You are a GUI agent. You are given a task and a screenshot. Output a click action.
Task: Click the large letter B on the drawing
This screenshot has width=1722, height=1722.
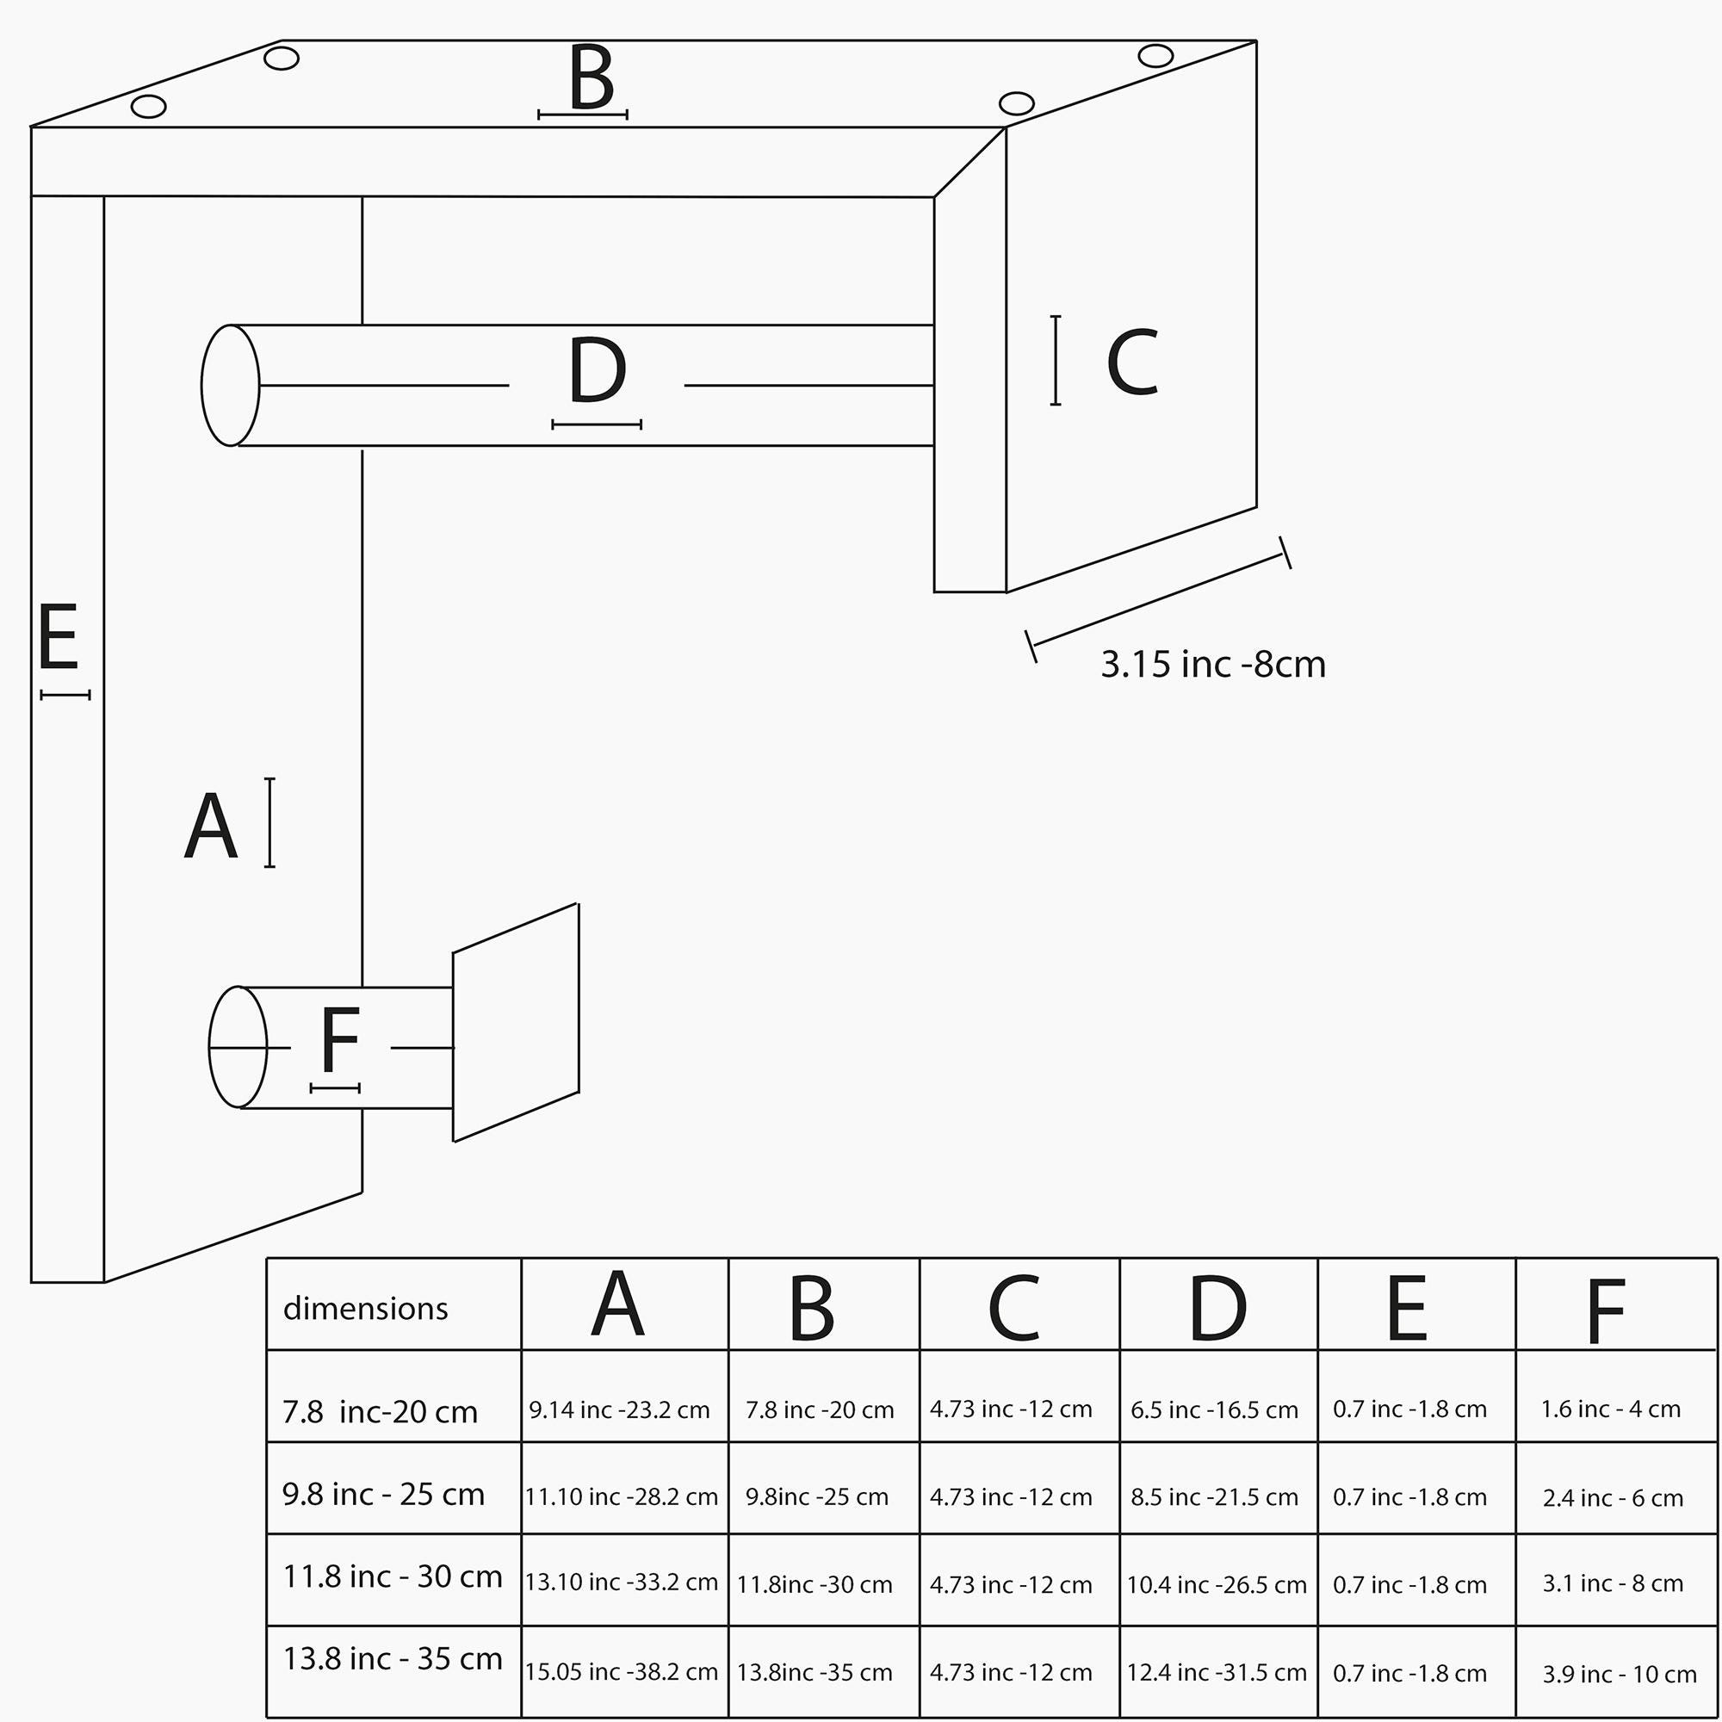click(592, 77)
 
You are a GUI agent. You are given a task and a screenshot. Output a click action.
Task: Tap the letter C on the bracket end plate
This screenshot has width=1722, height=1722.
click(1132, 362)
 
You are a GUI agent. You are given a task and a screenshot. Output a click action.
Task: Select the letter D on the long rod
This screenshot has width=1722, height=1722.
click(598, 370)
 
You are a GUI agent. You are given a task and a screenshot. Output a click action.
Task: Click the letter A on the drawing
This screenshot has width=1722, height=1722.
click(211, 827)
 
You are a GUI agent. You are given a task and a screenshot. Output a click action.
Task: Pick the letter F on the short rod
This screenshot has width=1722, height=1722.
click(339, 1040)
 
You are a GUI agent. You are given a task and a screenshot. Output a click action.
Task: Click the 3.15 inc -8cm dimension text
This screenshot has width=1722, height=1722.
click(1213, 665)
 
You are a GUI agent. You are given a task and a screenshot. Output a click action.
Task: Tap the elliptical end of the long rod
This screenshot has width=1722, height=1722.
click(231, 385)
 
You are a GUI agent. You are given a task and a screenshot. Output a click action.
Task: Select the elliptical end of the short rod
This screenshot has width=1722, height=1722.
click(238, 1047)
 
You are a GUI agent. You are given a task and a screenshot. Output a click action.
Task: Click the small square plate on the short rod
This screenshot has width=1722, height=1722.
click(516, 1022)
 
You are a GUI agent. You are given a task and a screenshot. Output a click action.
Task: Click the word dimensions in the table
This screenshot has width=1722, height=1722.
click(365, 1309)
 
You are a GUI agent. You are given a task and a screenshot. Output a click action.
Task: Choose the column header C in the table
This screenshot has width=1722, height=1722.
click(1014, 1309)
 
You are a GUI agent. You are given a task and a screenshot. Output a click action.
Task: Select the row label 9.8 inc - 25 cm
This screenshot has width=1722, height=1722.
click(383, 1494)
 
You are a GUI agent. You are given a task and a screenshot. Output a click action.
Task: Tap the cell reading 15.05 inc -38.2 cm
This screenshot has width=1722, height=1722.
click(622, 1671)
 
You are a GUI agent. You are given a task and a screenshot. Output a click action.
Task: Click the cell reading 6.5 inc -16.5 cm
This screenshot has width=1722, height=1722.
click(1214, 1410)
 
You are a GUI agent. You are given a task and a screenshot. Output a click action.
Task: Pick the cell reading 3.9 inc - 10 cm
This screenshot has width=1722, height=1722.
click(1620, 1674)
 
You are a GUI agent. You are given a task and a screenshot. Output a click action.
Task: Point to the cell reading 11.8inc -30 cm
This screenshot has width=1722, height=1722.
click(815, 1584)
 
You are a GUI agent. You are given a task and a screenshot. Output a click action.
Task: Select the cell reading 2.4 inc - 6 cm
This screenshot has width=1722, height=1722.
click(1614, 1497)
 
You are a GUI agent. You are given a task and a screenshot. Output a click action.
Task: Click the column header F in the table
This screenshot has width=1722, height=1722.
click(1605, 1311)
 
